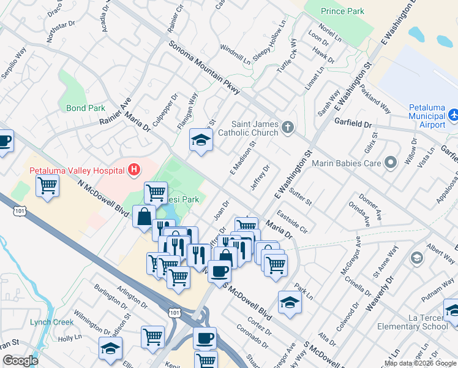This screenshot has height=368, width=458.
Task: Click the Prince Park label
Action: pyautogui.click(x=343, y=11)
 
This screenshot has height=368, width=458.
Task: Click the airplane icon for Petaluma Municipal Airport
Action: pyautogui.click(x=453, y=114)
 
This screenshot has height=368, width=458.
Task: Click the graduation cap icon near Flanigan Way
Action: pyautogui.click(x=201, y=140)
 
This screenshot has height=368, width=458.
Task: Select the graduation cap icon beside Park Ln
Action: pyautogui.click(x=290, y=302)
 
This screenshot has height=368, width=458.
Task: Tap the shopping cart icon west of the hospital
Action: pyautogui.click(x=48, y=185)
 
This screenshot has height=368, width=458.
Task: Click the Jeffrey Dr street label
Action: pyautogui.click(x=260, y=177)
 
